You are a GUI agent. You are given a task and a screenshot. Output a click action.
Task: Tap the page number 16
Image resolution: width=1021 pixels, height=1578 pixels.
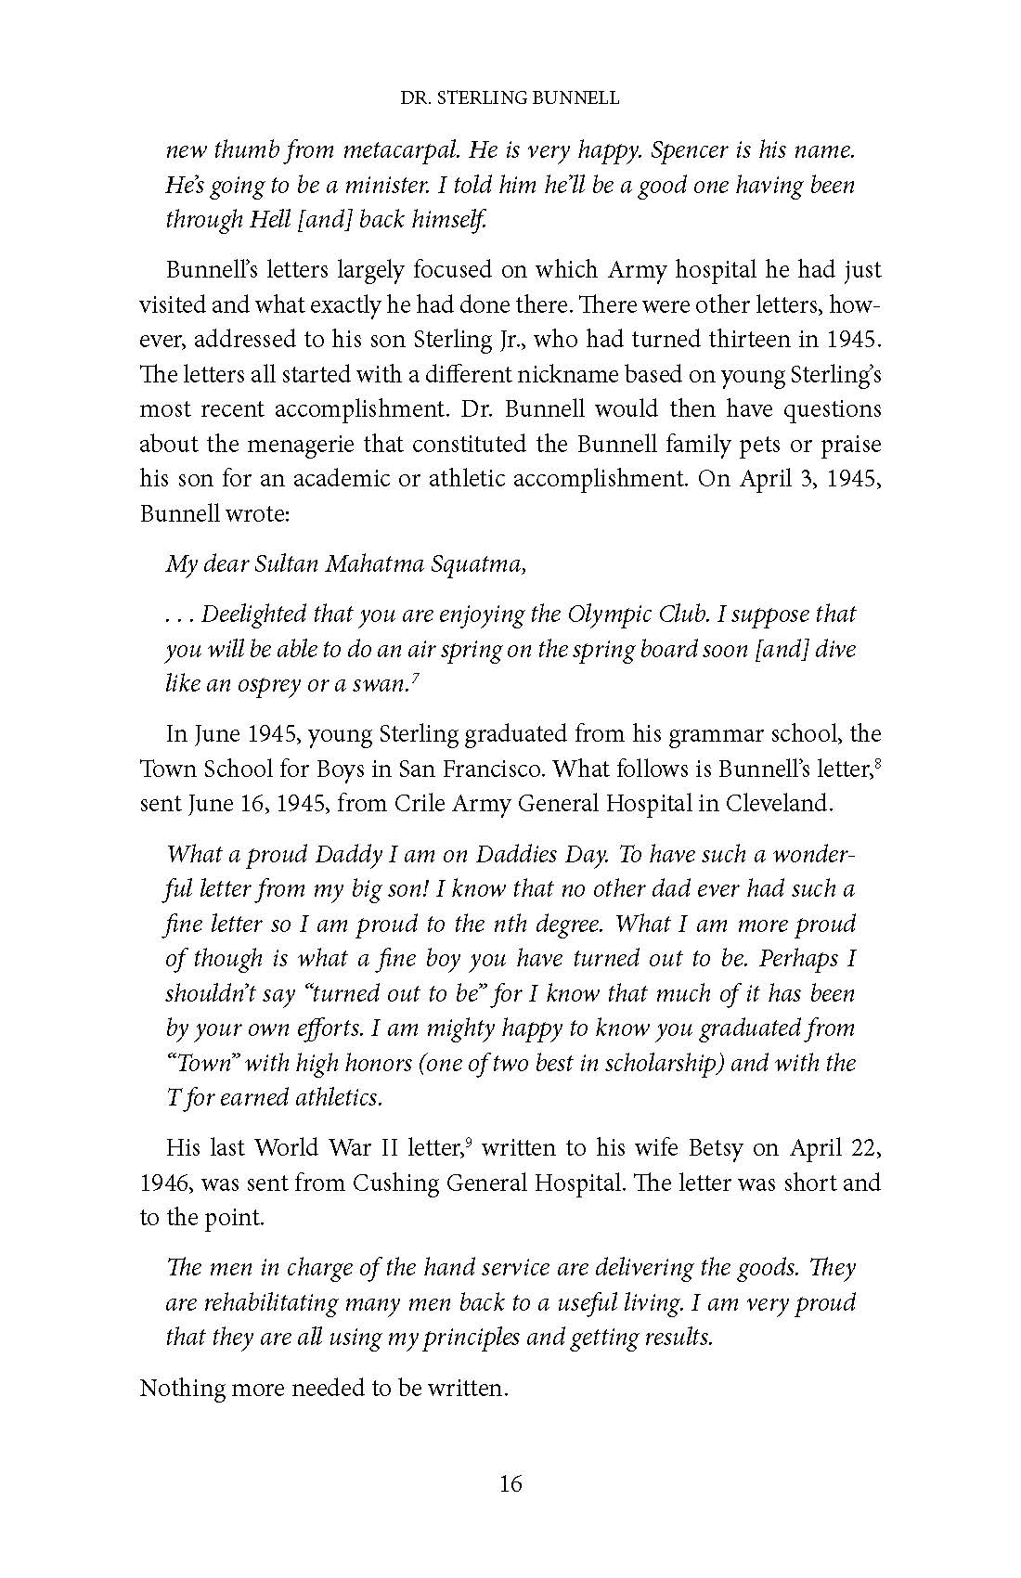point(510,1483)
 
